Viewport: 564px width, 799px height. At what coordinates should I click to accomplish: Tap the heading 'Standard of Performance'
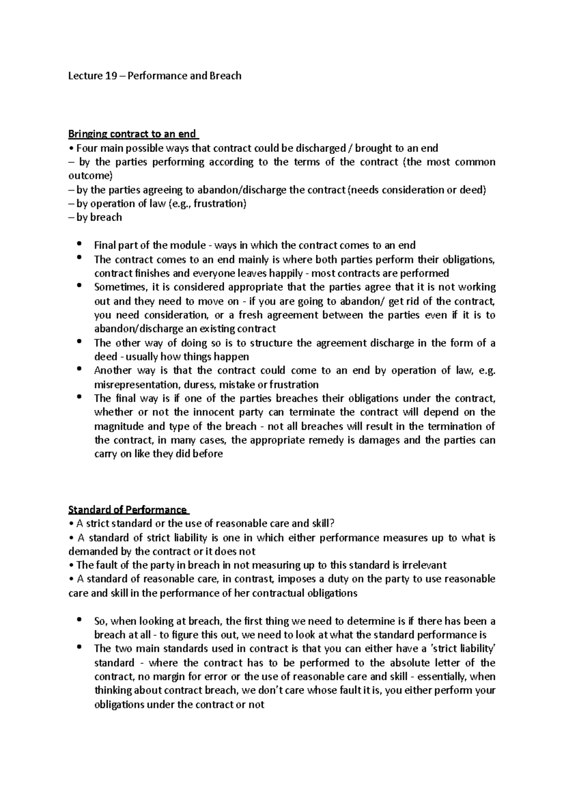point(127,510)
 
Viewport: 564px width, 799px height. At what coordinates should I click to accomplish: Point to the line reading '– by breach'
point(95,217)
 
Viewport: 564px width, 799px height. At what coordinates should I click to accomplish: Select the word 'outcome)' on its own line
point(91,176)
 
